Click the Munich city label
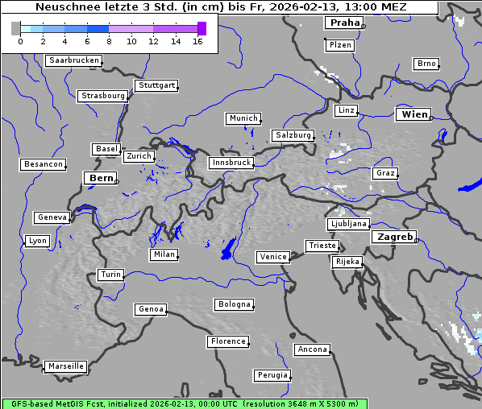pyautogui.click(x=243, y=118)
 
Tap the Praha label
pyautogui.click(x=345, y=23)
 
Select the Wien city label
pyautogui.click(x=414, y=114)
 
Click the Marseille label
pyautogui.click(x=65, y=366)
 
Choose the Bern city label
pyautogui.click(x=101, y=178)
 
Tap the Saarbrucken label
pyautogui.click(x=74, y=60)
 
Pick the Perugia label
pyautogui.click(x=272, y=375)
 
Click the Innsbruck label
pyautogui.click(x=231, y=163)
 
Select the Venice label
pyautogui.click(x=272, y=257)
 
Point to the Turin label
pyautogui.click(x=110, y=275)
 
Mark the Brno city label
pyautogui.click(x=426, y=64)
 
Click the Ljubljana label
pyautogui.click(x=348, y=224)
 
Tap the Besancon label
pyautogui.click(x=43, y=164)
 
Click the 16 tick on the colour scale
pyautogui.click(x=197, y=41)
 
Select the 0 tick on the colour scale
pyautogui.click(x=20, y=41)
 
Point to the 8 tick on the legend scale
pyautogui.click(x=109, y=41)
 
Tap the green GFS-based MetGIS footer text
pyautogui.click(x=184, y=403)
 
